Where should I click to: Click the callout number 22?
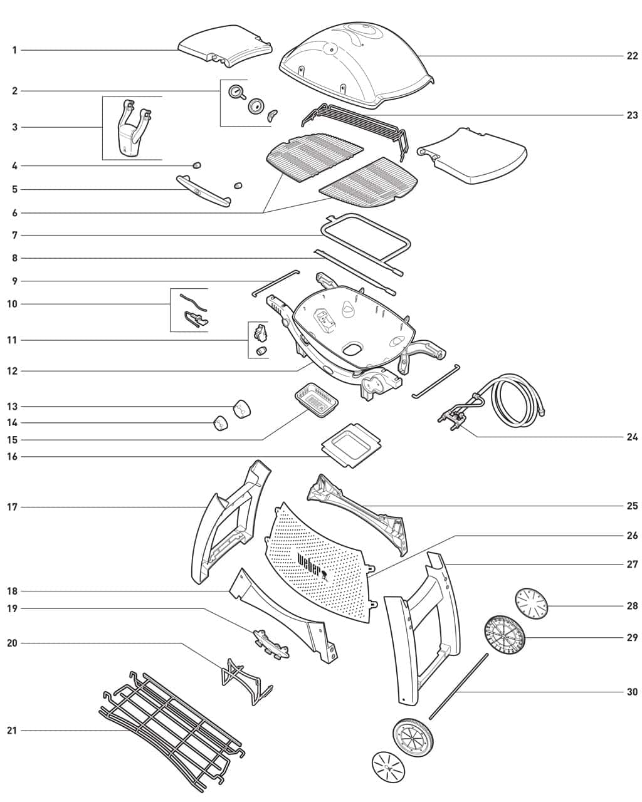click(x=631, y=56)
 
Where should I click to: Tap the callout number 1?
click(x=14, y=50)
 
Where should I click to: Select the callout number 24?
click(x=631, y=437)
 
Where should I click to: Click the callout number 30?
click(x=631, y=692)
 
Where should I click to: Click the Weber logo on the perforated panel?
click(x=310, y=565)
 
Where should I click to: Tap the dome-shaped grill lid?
click(x=354, y=60)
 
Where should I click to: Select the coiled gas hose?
click(x=517, y=398)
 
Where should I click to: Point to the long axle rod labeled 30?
click(x=458, y=686)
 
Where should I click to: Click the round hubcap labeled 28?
click(x=531, y=604)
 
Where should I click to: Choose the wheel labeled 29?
click(x=505, y=636)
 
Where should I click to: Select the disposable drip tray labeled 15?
click(x=316, y=401)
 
